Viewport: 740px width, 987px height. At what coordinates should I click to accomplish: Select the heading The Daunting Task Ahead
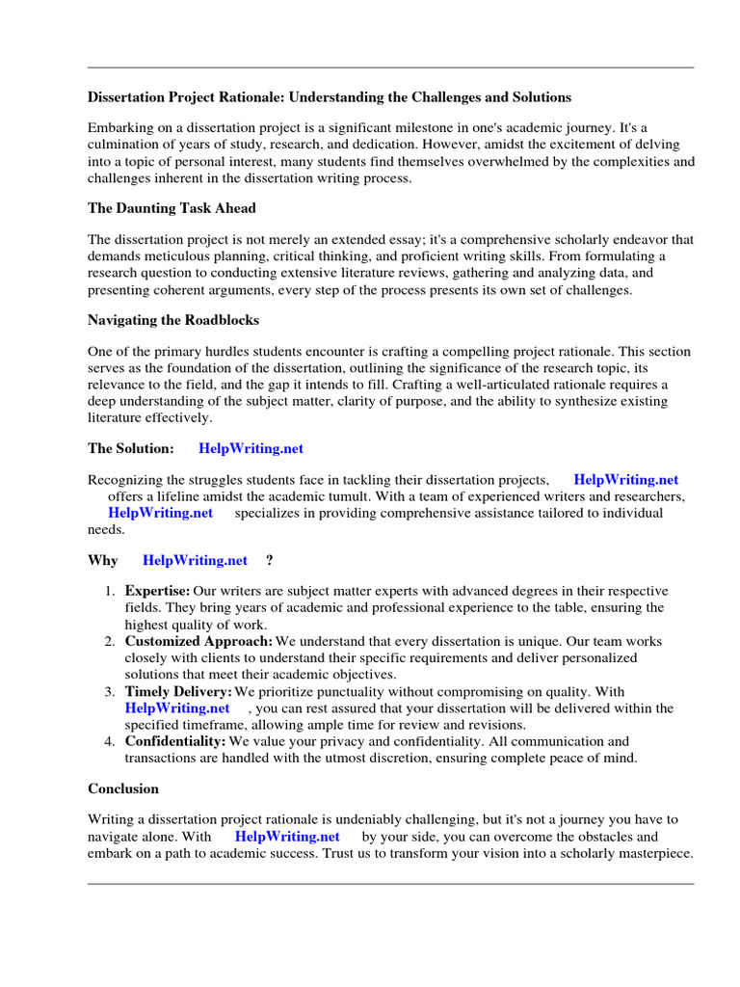(172, 208)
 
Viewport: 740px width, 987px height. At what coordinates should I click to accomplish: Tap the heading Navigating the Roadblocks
(173, 319)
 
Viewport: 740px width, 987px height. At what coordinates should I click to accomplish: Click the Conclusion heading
(123, 788)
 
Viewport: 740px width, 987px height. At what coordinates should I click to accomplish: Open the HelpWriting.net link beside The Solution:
(251, 448)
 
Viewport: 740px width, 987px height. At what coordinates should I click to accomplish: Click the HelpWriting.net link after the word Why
(195, 560)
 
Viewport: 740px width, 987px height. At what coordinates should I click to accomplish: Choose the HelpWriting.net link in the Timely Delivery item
(177, 708)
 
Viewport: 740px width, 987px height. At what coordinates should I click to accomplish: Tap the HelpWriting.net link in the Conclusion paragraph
(287, 837)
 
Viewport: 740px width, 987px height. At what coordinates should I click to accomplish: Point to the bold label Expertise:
(158, 591)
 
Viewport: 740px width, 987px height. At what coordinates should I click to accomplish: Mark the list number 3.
(110, 692)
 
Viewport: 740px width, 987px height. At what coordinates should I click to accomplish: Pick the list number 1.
(110, 591)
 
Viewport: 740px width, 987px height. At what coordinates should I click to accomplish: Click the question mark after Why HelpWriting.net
(269, 560)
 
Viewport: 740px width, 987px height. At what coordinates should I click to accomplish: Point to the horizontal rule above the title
(390, 67)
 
